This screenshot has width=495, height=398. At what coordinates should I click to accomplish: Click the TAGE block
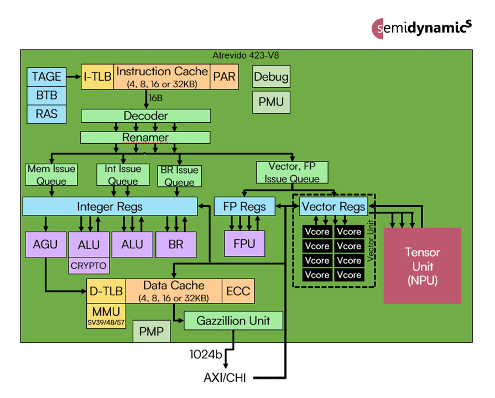click(x=46, y=77)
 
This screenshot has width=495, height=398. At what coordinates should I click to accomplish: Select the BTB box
click(x=46, y=96)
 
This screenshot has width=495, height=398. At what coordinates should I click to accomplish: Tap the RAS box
click(x=46, y=114)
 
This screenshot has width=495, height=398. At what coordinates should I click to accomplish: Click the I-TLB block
click(x=97, y=77)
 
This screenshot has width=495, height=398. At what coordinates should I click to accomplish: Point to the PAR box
click(x=225, y=77)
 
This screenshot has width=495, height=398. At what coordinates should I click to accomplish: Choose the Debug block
click(x=271, y=77)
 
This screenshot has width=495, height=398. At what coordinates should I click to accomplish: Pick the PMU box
click(x=271, y=102)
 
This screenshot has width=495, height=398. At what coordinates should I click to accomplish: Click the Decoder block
click(x=145, y=116)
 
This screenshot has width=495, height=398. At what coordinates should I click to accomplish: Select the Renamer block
click(x=145, y=137)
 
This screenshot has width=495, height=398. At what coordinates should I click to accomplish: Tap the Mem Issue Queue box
click(x=51, y=174)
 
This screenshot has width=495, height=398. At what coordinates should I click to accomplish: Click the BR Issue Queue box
click(x=179, y=175)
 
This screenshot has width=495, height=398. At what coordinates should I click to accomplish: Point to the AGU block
click(x=45, y=244)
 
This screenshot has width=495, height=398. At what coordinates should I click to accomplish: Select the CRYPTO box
click(x=88, y=266)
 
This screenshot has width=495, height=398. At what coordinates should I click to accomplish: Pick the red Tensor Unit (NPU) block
click(x=423, y=266)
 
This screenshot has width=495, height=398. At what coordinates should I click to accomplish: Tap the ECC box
click(x=238, y=291)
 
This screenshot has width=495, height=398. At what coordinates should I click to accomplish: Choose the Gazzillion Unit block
click(x=233, y=320)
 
